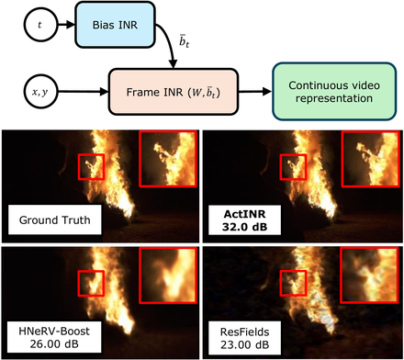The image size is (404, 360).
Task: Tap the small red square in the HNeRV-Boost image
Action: pos(90,283)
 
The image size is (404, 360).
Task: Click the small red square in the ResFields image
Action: pos(294,283)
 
